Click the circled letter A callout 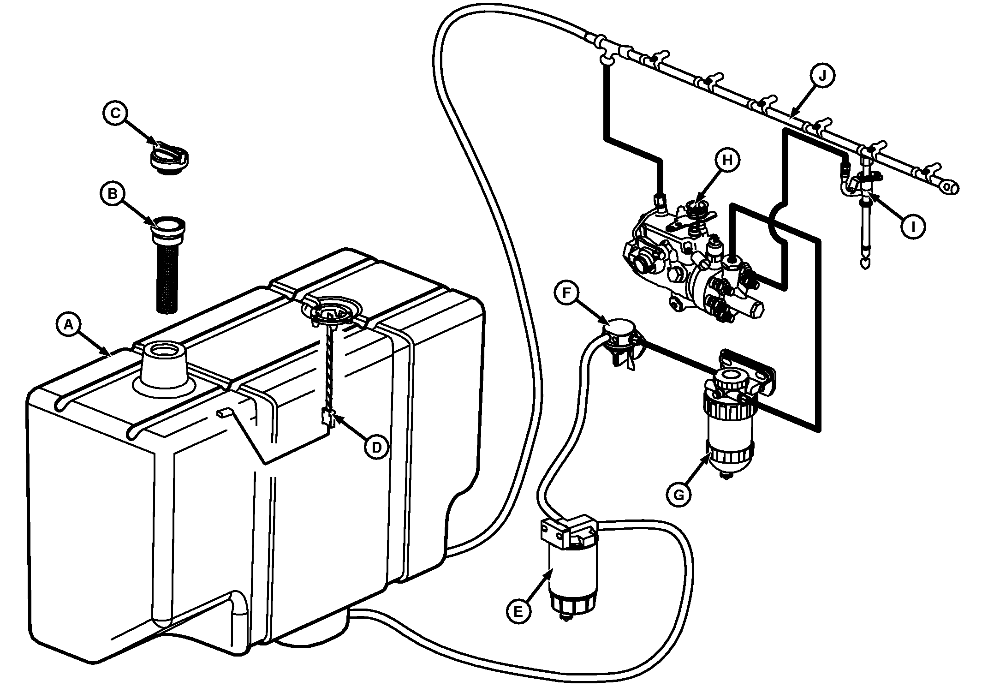pos(68,325)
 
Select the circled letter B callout pos(112,194)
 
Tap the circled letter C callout pos(115,113)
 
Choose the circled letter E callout pos(518,612)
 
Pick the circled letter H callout pos(727,160)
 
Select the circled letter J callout pos(822,77)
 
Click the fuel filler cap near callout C pos(169,159)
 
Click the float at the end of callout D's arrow pos(327,418)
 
